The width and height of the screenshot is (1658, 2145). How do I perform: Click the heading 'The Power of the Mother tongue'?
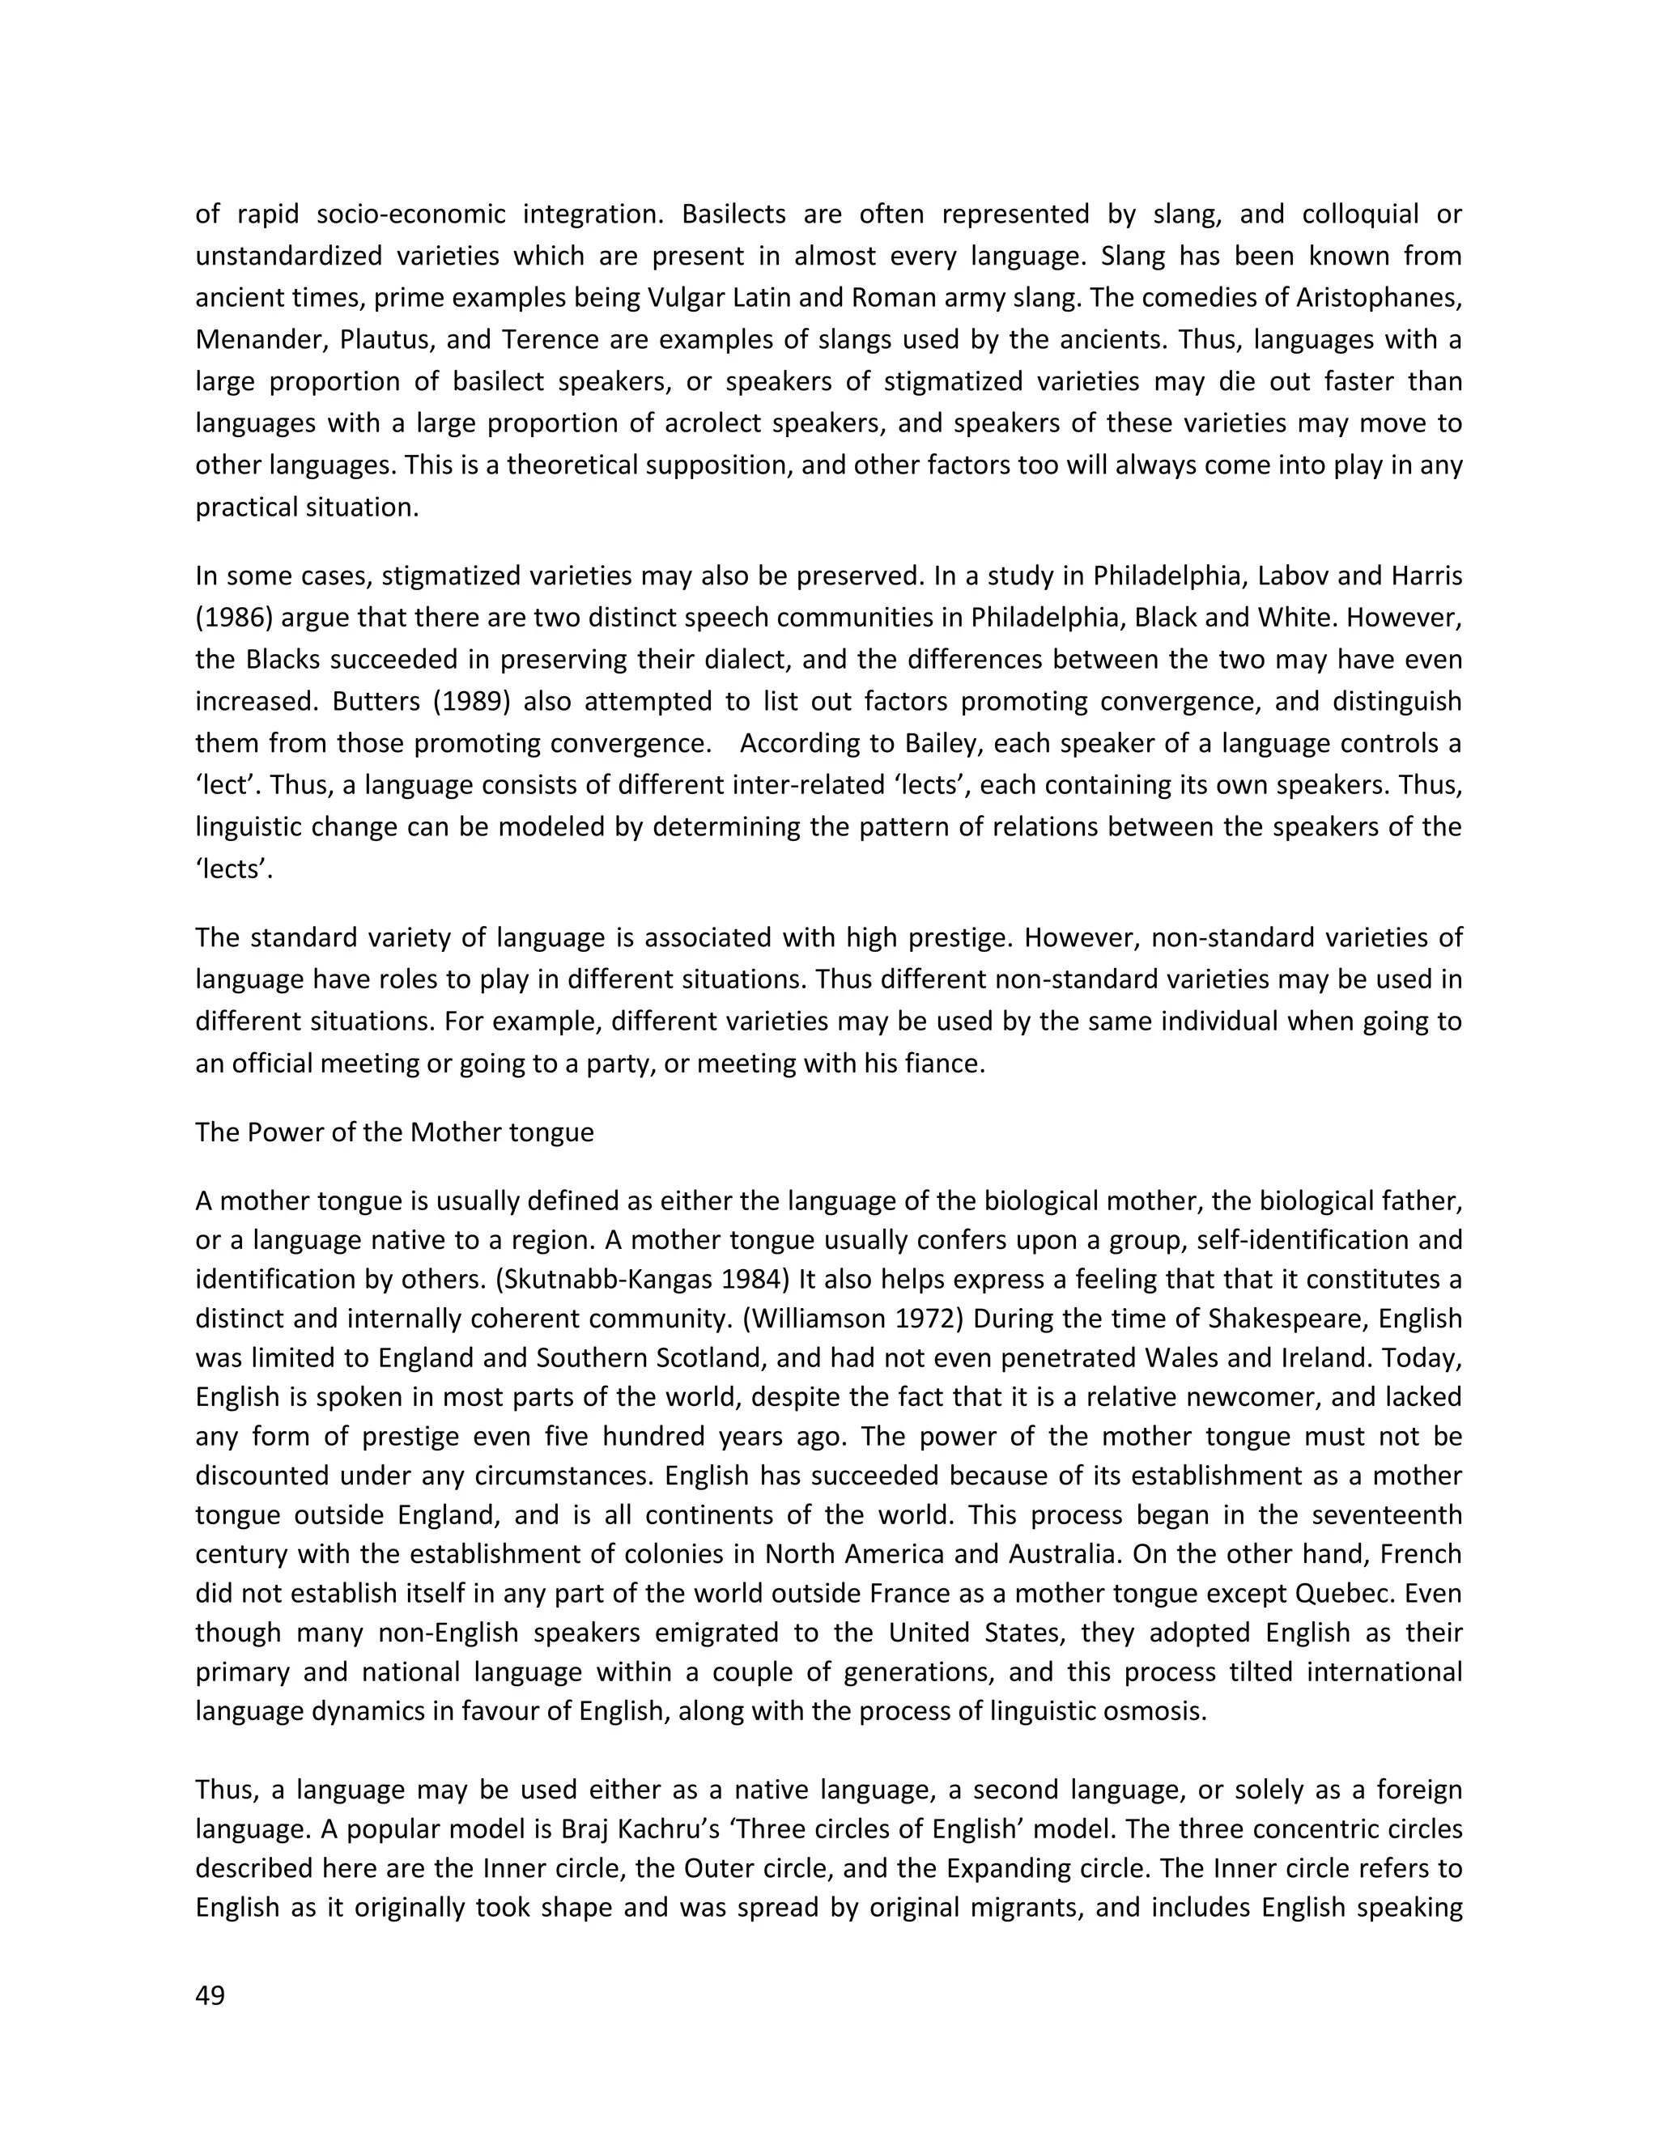394,1132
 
